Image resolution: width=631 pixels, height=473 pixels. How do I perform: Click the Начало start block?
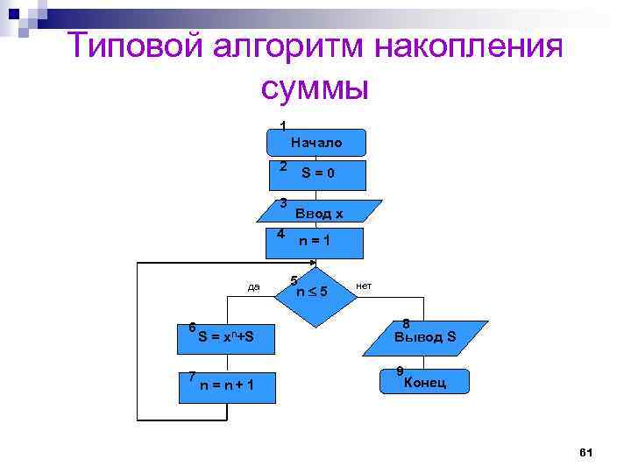coord(316,142)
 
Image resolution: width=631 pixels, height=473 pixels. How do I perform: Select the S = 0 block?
coord(316,173)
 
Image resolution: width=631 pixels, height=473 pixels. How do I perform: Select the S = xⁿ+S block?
coord(227,336)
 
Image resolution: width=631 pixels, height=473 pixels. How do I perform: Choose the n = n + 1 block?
coord(227,385)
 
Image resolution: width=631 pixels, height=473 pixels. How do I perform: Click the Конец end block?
coord(424,383)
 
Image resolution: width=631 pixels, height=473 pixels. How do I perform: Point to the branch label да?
coord(254,286)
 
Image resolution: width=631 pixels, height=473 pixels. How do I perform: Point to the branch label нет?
coord(365,286)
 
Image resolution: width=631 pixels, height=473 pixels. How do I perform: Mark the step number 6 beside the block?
coord(192,327)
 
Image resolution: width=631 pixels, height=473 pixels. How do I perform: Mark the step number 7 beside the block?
coord(191,376)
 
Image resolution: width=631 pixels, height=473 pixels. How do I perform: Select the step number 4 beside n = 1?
coord(280,234)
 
